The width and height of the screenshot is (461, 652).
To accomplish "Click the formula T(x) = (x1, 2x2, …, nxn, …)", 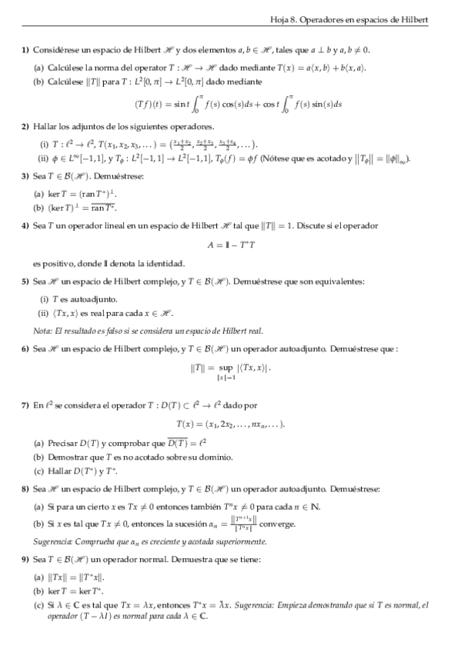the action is click(230, 424).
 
